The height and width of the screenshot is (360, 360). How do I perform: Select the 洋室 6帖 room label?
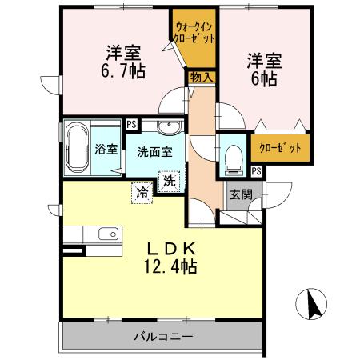[x=263, y=69]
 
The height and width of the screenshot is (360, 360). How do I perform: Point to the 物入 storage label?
[x=200, y=77]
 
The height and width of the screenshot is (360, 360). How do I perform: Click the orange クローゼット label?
[x=279, y=147]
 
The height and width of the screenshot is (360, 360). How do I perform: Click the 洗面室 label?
[x=153, y=150]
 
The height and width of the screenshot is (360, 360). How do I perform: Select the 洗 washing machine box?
[x=170, y=181]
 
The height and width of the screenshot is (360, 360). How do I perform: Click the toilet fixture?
[x=233, y=156]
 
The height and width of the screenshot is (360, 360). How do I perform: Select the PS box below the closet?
[x=256, y=170]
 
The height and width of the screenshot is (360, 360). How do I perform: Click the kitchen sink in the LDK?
[x=105, y=234]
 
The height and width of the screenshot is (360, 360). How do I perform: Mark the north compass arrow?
[x=313, y=306]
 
